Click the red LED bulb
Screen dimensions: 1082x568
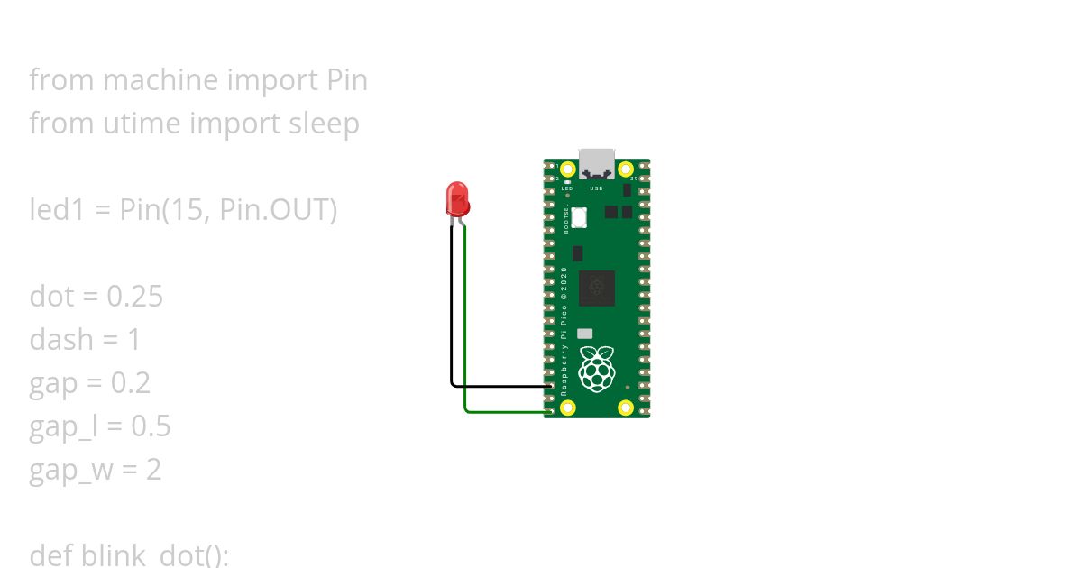click(x=457, y=197)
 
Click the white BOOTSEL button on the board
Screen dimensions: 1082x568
click(x=579, y=217)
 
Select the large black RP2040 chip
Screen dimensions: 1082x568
click(x=596, y=289)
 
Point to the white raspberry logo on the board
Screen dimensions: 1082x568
click(x=596, y=369)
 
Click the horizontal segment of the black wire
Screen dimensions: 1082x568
click(x=501, y=386)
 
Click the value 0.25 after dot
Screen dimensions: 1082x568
click(x=134, y=297)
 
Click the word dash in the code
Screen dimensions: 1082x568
click(x=61, y=340)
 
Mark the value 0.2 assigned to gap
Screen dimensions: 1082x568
click(x=131, y=383)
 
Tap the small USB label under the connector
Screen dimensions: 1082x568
click(x=596, y=188)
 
